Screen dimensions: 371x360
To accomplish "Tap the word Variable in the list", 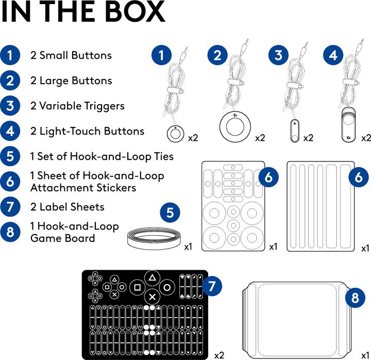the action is pos(59,106).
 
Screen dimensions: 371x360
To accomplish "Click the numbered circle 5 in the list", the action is pos(10,156).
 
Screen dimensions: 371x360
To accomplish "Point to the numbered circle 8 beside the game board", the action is pos(355,298).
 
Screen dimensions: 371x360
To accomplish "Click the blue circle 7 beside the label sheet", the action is pos(212,286).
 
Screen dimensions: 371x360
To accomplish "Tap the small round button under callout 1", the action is pos(175,134).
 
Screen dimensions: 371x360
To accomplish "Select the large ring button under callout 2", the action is pos(235,126).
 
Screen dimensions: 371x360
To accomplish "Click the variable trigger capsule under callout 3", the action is pos(294,132).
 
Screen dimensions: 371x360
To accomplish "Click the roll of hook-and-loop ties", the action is pos(154,238).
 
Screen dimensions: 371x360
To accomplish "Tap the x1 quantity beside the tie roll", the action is pos(189,247).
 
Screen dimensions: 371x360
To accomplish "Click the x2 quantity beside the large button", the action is pos(260,138).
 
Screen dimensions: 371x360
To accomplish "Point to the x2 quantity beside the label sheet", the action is pos(219,355).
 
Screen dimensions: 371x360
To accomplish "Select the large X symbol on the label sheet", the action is pos(153,297).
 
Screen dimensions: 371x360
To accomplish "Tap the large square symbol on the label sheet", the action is pos(137,287).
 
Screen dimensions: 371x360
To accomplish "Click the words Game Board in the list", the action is pos(63,238).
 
